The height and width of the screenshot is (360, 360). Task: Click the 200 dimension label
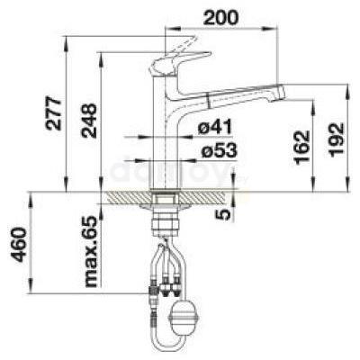pyautogui.click(x=221, y=18)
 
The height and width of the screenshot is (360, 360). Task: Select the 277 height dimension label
pyautogui.click(x=53, y=113)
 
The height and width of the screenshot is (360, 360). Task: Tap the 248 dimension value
pyautogui.click(x=90, y=121)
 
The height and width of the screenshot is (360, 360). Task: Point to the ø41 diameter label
pyautogui.click(x=215, y=126)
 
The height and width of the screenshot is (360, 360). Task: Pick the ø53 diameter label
pyautogui.click(x=219, y=149)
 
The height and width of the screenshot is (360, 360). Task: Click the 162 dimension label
pyautogui.click(x=302, y=147)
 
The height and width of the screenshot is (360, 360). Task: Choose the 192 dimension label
pyautogui.click(x=337, y=139)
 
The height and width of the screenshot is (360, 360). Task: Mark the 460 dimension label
pyautogui.click(x=19, y=245)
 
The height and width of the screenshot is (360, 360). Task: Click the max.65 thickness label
pyautogui.click(x=91, y=251)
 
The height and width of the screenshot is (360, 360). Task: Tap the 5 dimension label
pyautogui.click(x=224, y=214)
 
